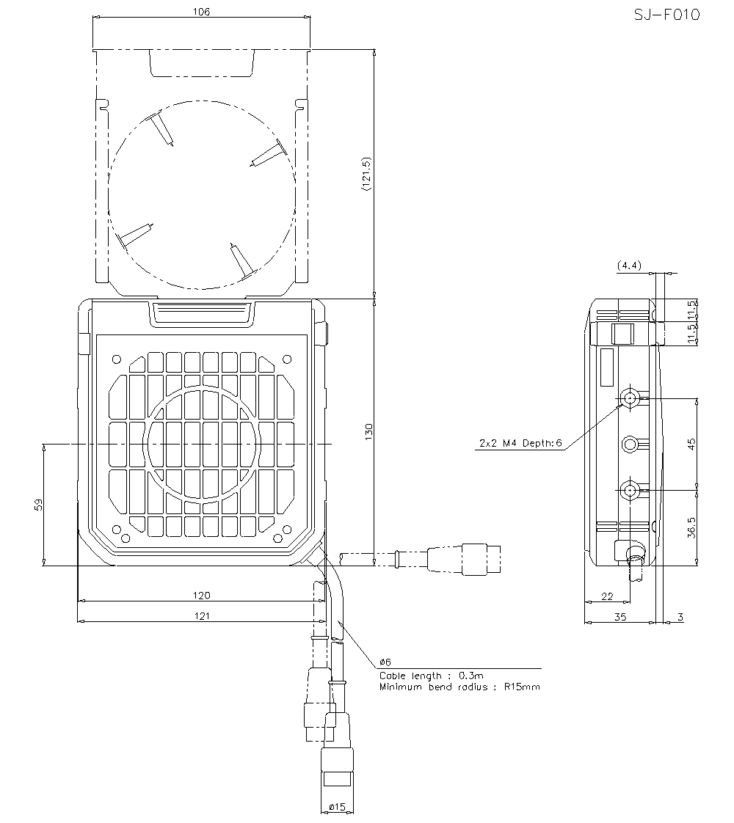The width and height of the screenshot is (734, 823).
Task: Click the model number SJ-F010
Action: tap(666, 15)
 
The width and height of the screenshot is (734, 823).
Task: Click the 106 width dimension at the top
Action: tap(201, 12)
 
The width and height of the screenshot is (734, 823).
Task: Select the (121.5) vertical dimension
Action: tap(366, 175)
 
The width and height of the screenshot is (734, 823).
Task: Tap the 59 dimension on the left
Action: tap(39, 504)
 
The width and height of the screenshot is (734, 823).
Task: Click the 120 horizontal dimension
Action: tap(201, 595)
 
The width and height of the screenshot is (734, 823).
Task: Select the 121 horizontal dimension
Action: tap(201, 616)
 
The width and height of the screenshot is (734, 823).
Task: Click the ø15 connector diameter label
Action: tap(337, 807)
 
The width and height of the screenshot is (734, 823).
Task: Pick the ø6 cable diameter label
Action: tap(385, 662)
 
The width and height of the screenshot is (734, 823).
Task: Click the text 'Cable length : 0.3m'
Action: tap(431, 676)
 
